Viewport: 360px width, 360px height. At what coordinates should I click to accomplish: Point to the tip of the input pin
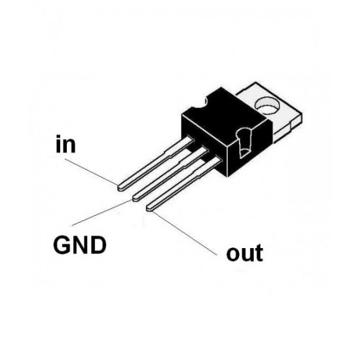point(120,187)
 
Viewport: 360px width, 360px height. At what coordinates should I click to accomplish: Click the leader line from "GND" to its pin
point(98,215)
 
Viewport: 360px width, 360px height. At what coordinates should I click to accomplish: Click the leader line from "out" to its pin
point(190,232)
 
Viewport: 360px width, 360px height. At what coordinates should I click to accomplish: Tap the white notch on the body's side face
point(243,144)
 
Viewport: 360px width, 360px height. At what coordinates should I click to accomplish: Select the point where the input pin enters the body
point(190,141)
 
